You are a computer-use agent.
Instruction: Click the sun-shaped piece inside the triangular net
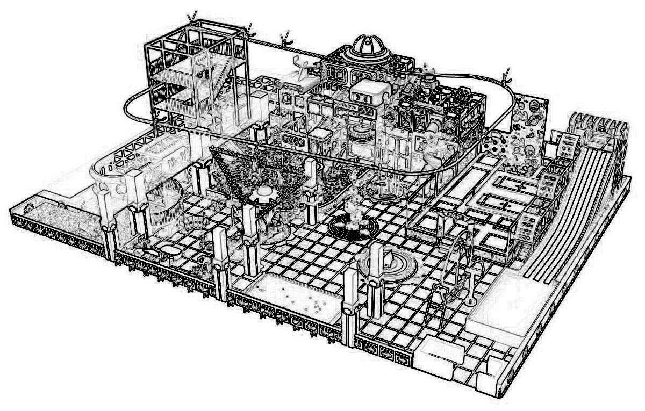click(x=263, y=193)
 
